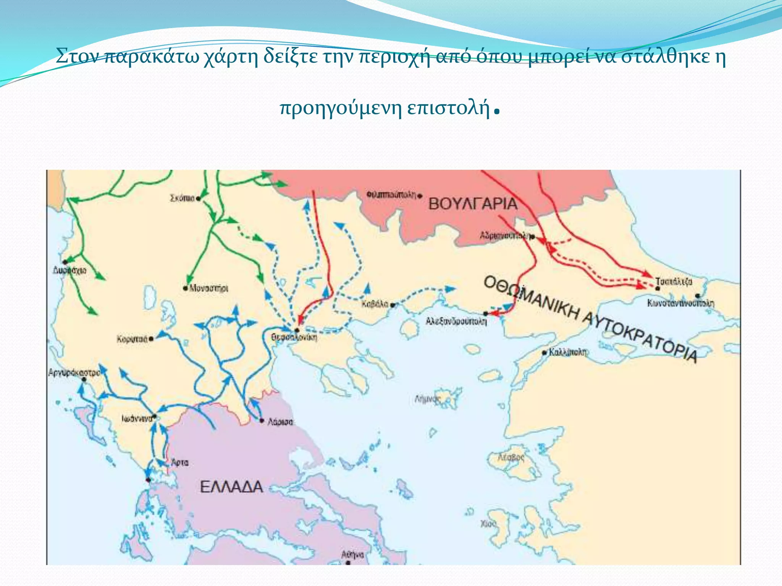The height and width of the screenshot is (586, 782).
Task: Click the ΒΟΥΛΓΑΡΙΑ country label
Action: pyautogui.click(x=473, y=204)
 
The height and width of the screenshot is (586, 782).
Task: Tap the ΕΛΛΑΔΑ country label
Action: pyautogui.click(x=231, y=487)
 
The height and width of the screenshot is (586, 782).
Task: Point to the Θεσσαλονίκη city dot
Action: pyautogui.click(x=297, y=330)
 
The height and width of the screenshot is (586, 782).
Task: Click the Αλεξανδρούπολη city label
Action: pyautogui.click(x=456, y=322)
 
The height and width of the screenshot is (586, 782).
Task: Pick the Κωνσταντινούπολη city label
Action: pyautogui.click(x=680, y=303)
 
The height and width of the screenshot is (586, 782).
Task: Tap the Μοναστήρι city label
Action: pyautogui.click(x=209, y=288)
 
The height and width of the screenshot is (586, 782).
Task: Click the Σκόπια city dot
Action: pyautogui.click(x=198, y=198)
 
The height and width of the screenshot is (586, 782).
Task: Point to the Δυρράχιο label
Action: pyautogui.click(x=69, y=270)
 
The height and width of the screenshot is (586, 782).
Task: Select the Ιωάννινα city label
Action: pyautogui.click(x=137, y=419)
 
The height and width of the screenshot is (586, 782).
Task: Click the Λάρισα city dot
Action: pyautogui.click(x=262, y=420)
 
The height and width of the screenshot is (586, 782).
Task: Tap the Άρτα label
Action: pyautogui.click(x=180, y=462)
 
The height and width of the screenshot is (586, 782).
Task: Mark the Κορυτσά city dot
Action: pyautogui.click(x=152, y=339)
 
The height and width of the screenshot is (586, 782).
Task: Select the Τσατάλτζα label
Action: pyautogui.click(x=674, y=282)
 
